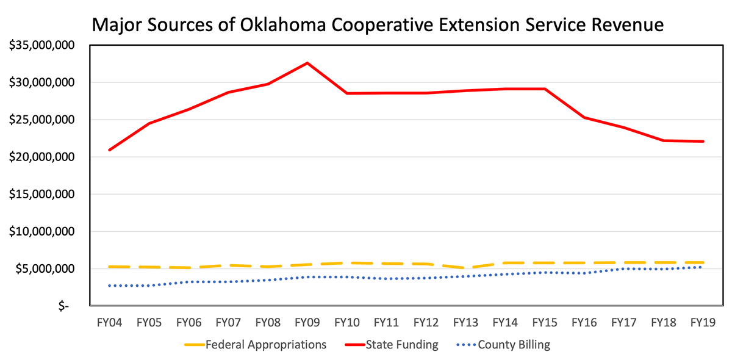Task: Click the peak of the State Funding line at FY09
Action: (307, 63)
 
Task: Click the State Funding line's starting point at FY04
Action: (109, 149)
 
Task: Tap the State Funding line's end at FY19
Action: (703, 142)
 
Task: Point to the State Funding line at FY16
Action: (584, 117)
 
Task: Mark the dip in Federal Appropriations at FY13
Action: (465, 268)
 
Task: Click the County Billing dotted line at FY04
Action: (109, 286)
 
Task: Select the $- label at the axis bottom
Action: (64, 307)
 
